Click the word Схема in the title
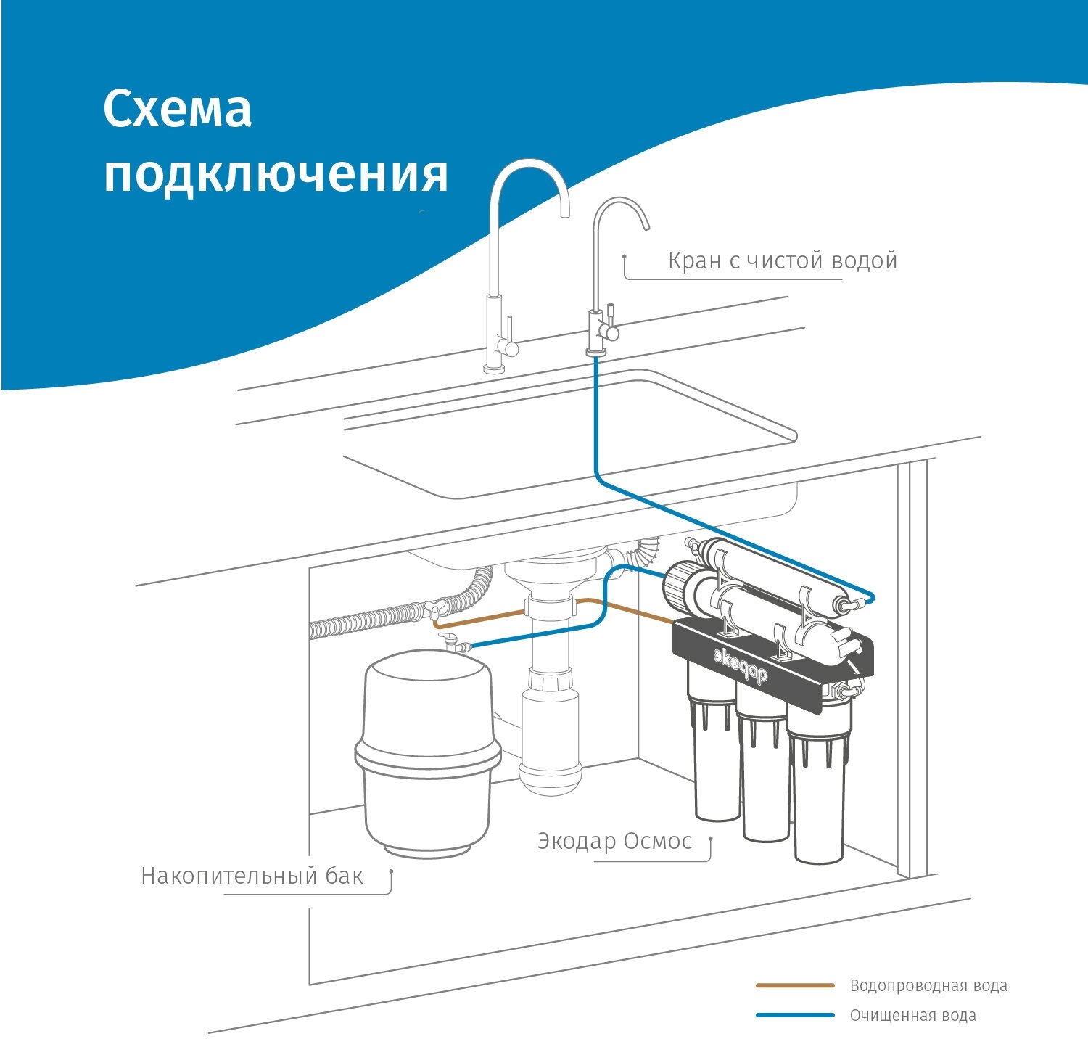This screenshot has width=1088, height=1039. click(x=178, y=110)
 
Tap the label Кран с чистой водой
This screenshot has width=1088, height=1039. click(x=782, y=260)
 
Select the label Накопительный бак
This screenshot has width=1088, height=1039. click(x=252, y=876)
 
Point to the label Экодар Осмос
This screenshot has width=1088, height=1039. click(x=614, y=841)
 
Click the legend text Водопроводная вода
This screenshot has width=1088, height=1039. click(x=928, y=985)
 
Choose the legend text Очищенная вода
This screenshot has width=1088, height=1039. click(x=912, y=1015)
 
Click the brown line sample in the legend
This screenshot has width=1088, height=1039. click(x=795, y=985)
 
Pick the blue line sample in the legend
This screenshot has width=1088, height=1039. click(x=795, y=1015)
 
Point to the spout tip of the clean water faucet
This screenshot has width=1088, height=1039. click(x=645, y=227)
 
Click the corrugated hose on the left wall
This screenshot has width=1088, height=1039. click(x=363, y=620)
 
